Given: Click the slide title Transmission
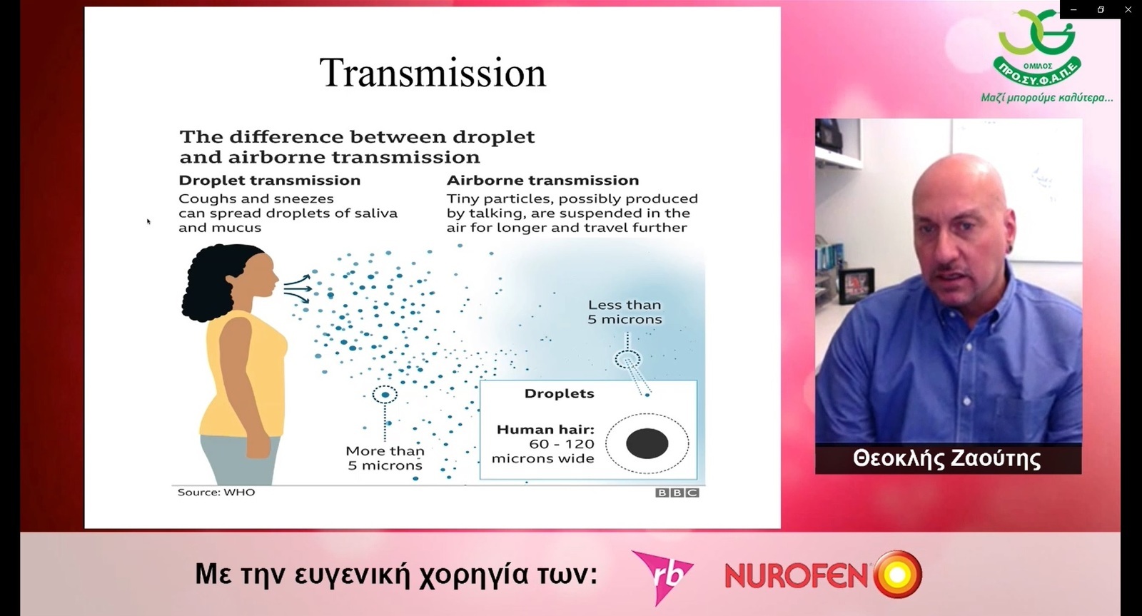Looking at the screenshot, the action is click(x=433, y=74).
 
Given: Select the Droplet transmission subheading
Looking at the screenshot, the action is click(x=269, y=180).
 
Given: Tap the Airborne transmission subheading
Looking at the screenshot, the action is click(x=542, y=180).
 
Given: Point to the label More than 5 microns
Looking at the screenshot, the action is click(x=385, y=458).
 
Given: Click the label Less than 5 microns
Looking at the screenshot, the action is click(x=625, y=312).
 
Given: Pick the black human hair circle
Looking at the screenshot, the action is click(x=647, y=443).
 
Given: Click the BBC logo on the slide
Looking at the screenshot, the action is click(x=677, y=493).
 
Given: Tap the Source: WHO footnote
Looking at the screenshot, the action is click(x=216, y=492).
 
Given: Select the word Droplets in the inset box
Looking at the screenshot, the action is click(x=560, y=394).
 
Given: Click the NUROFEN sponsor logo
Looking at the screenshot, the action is click(x=824, y=574).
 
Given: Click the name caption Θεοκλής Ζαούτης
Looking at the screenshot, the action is click(x=946, y=458).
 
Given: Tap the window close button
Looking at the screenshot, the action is click(x=1128, y=10).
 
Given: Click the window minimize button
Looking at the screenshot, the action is click(x=1073, y=10).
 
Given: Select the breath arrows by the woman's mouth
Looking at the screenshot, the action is click(x=297, y=288).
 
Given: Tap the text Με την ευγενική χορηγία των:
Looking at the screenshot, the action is click(x=396, y=574).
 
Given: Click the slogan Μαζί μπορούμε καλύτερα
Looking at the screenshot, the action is click(x=1047, y=97).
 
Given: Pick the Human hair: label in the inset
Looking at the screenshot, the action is click(x=545, y=430).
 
